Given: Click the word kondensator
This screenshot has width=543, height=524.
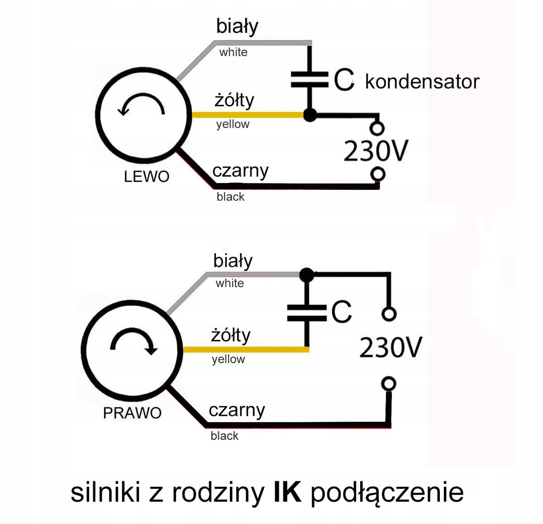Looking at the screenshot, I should point(422,82).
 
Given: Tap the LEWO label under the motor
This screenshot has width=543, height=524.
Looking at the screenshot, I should point(146,176).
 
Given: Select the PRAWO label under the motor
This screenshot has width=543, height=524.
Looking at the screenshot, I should point(132,413).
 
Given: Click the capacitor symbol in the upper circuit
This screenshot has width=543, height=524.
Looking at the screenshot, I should point(310,80).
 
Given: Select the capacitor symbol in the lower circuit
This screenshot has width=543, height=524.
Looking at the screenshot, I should point(307,312).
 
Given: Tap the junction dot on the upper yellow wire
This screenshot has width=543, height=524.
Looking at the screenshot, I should point(310,115).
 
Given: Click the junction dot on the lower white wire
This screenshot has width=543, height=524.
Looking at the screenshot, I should point(307,274).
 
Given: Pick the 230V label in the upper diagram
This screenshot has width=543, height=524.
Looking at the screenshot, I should point(376,151).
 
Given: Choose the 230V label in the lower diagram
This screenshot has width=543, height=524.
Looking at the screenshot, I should point(390,347).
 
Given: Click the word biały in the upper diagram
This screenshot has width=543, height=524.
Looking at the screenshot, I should point(237,26).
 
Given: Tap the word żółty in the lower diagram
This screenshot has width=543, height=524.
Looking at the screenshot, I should point(231,335).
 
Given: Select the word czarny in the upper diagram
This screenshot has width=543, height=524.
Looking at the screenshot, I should point(240,171).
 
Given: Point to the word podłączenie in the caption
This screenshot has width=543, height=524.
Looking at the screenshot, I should point(387,493).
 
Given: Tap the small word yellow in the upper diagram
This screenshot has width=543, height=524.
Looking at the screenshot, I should point(233,124).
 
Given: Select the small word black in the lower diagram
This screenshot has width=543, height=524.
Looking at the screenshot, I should point(224,436).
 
